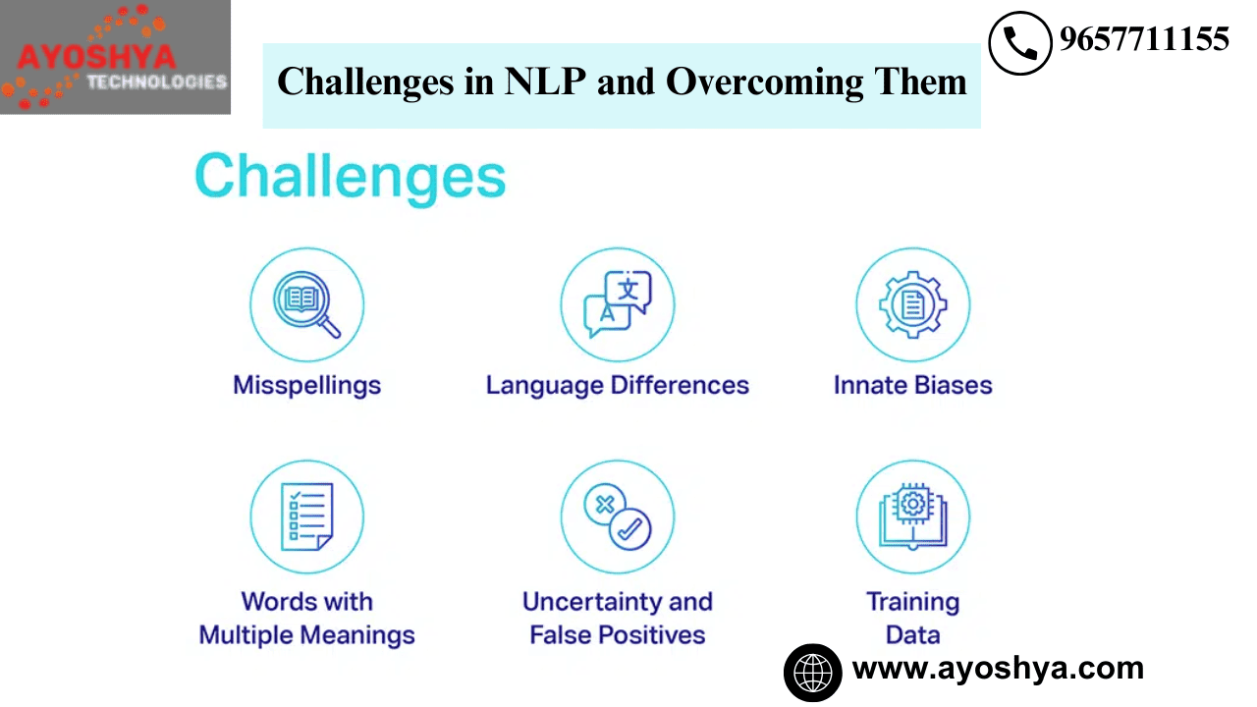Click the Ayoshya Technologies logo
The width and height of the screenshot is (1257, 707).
[115, 57]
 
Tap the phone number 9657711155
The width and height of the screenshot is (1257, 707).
[1144, 39]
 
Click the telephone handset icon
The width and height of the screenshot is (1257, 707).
[1020, 43]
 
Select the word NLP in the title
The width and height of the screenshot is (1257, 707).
[545, 82]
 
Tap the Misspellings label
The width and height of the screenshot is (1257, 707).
[307, 386]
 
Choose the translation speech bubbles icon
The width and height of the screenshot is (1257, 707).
[618, 304]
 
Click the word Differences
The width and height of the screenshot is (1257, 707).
[680, 386]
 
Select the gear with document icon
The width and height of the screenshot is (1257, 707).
[913, 304]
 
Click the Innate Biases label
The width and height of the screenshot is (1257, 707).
[913, 386]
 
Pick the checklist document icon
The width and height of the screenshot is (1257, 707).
[307, 517]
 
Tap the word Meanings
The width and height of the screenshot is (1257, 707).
[357, 635]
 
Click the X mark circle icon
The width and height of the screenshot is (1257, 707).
[605, 504]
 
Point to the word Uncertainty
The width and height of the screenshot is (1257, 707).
[592, 602]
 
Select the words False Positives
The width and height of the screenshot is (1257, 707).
[618, 635]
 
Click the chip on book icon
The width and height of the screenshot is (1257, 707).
[913, 517]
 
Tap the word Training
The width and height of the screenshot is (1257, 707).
[913, 603]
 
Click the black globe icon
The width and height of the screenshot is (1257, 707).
[812, 673]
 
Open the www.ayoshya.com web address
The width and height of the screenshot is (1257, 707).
[998, 669]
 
